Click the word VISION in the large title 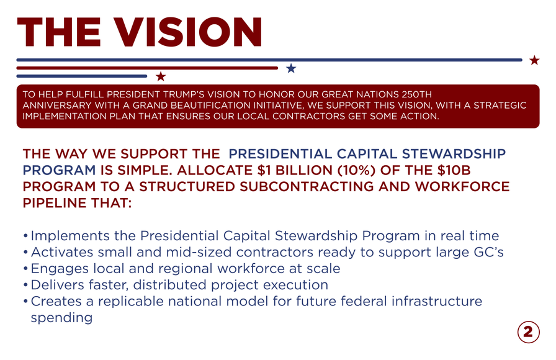pos(188,32)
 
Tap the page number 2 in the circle pos(528,332)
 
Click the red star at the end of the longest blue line pos(534,60)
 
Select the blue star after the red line pos(291,68)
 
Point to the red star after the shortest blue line pos(161,76)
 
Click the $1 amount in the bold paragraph pos(264,170)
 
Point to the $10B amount pos(454,170)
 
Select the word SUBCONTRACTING pos(307,187)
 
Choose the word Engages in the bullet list pos(59,269)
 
